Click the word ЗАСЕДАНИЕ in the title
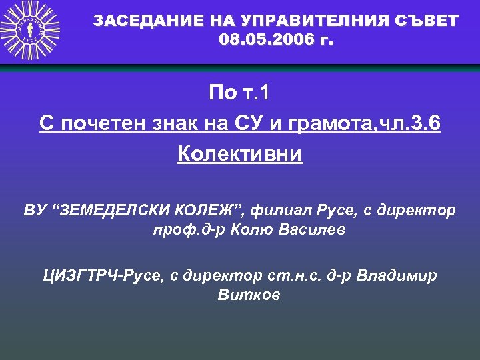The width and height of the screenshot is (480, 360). click(137, 21)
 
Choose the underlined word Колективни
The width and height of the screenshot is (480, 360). click(239, 155)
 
